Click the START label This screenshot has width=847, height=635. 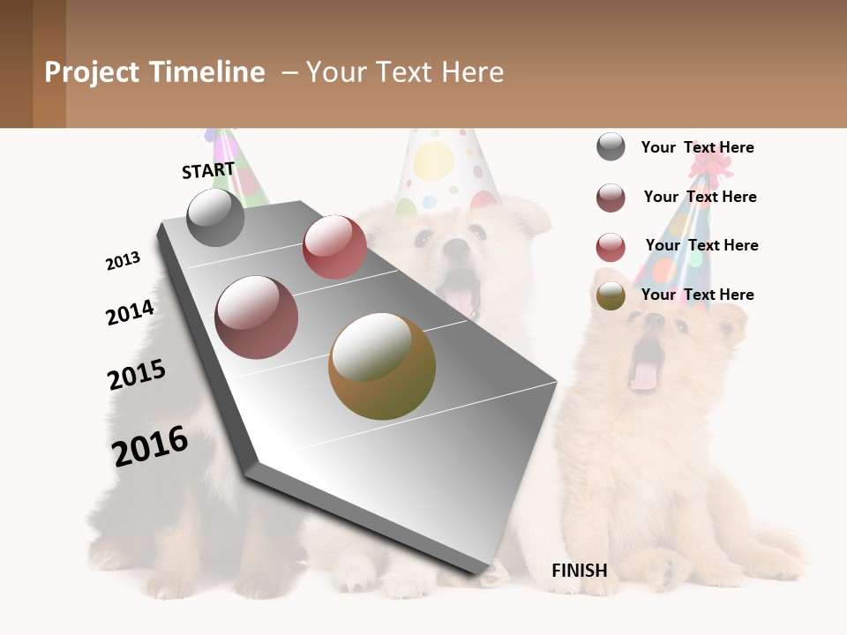(208, 170)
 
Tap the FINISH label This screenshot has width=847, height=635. (579, 571)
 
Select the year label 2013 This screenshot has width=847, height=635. (123, 261)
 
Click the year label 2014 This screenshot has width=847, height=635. (130, 312)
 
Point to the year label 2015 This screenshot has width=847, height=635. (137, 374)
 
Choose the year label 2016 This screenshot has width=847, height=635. (150, 445)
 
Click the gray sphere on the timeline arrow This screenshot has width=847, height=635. (216, 217)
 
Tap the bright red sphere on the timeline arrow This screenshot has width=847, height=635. (334, 247)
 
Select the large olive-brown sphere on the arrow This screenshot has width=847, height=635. (382, 366)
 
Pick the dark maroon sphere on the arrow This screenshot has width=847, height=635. (257, 317)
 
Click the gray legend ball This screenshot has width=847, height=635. (611, 146)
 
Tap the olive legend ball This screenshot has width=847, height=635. (611, 295)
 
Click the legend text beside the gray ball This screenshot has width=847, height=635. (698, 147)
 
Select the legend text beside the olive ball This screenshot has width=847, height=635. (698, 295)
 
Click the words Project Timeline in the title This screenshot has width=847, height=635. (154, 72)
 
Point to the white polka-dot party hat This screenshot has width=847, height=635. (446, 168)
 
